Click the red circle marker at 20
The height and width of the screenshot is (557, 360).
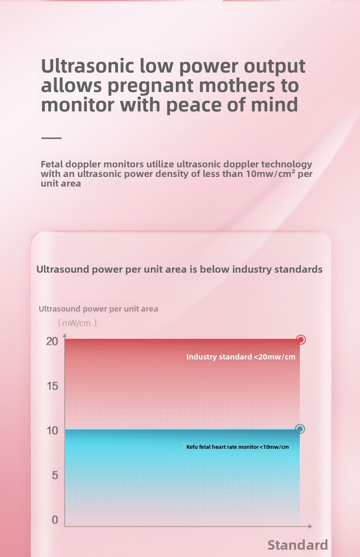pyautogui.click(x=301, y=339)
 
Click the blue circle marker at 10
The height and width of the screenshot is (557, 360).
pyautogui.click(x=300, y=429)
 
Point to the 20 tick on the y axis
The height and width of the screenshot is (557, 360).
pyautogui.click(x=52, y=341)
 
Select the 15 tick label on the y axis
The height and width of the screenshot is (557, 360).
pyautogui.click(x=52, y=386)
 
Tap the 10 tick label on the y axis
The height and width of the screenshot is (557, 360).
pyautogui.click(x=52, y=431)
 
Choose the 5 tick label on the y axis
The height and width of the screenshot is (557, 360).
pyautogui.click(x=55, y=475)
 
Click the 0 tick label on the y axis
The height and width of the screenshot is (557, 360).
pyautogui.click(x=55, y=520)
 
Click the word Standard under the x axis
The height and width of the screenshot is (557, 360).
pyautogui.click(x=298, y=545)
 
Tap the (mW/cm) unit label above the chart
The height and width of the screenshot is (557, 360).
pyautogui.click(x=77, y=323)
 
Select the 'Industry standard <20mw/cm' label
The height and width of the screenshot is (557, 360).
pyautogui.click(x=241, y=357)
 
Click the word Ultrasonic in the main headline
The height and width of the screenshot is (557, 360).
pyautogui.click(x=87, y=66)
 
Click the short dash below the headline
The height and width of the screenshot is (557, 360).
pyautogui.click(x=51, y=138)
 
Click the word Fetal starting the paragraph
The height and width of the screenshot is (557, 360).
pyautogui.click(x=52, y=164)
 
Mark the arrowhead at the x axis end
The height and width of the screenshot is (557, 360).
pyautogui.click(x=310, y=526)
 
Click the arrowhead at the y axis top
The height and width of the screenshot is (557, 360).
pyautogui.click(x=65, y=335)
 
